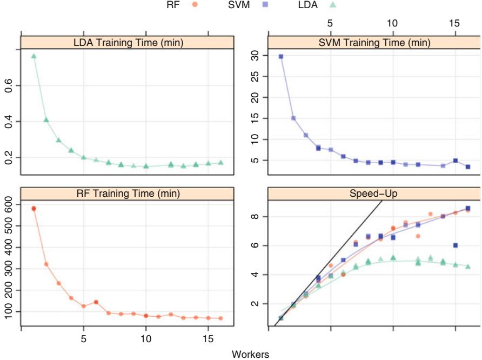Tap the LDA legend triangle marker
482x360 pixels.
click(x=333, y=5)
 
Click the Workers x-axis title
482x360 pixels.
click(x=250, y=354)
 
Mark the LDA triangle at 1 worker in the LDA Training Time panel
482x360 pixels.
click(x=34, y=56)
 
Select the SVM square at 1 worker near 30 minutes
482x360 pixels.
click(x=281, y=56)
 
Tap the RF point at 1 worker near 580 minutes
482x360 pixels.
click(x=34, y=208)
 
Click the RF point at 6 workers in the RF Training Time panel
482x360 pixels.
click(x=96, y=302)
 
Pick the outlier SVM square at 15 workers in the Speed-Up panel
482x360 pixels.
click(x=456, y=245)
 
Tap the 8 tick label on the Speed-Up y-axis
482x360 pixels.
click(x=257, y=216)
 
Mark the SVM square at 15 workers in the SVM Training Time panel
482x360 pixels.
click(x=456, y=161)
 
